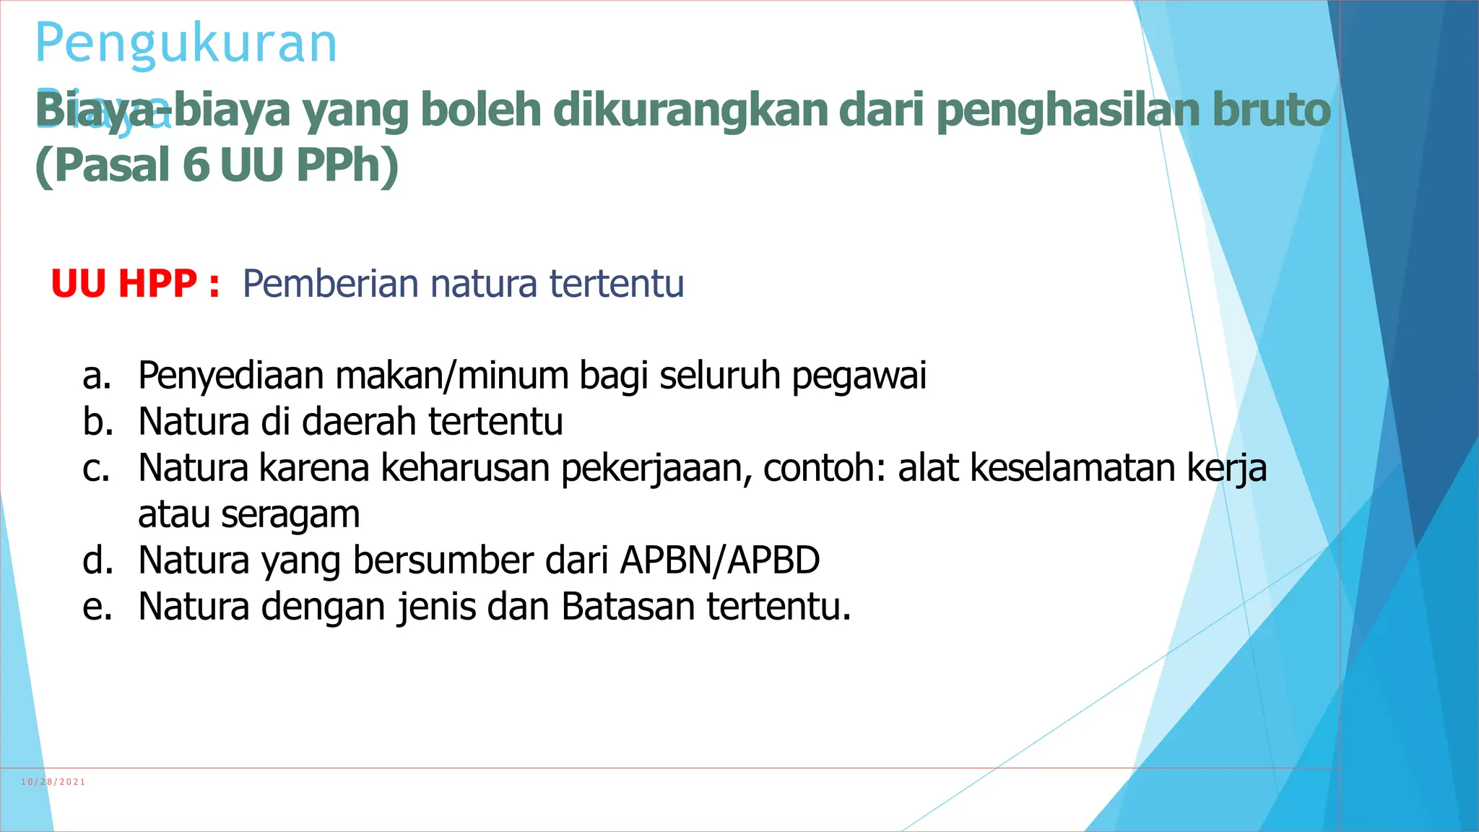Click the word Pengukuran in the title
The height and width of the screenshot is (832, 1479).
coord(186,45)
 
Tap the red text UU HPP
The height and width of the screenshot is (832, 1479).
coord(123,284)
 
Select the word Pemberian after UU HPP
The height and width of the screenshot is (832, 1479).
coord(330,284)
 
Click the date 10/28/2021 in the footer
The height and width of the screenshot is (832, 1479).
coord(53,782)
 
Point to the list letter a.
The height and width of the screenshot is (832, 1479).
coord(97,376)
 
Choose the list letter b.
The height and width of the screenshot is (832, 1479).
coord(97,422)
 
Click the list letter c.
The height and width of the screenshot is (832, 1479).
coord(97,468)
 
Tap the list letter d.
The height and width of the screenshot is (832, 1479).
coord(97,560)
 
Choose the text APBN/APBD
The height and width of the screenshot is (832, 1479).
coord(720,560)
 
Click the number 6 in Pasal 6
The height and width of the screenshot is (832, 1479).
coord(196,165)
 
